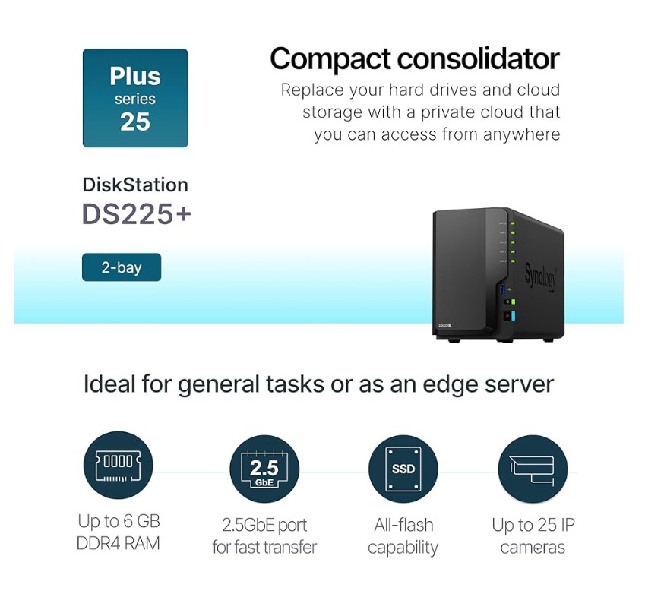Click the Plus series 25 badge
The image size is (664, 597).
[x=135, y=98]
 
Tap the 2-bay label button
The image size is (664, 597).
[x=122, y=267]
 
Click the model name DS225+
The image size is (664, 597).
[x=136, y=214]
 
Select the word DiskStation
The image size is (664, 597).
[x=135, y=185]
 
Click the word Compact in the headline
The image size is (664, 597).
[x=330, y=58]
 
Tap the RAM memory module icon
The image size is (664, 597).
[x=119, y=466]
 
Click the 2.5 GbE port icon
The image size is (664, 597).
[x=264, y=469]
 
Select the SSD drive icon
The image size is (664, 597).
[x=403, y=469]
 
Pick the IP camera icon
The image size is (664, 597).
[x=533, y=469]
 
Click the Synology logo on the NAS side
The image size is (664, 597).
[x=541, y=277]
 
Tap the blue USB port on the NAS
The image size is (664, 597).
[x=503, y=290]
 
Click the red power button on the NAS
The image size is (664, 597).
[x=507, y=316]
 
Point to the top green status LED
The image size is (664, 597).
[x=512, y=223]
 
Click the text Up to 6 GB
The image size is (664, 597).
[x=119, y=521]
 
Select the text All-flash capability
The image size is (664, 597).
[x=403, y=536]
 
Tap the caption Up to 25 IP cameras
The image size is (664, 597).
[x=533, y=536]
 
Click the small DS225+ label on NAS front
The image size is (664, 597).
[x=444, y=325]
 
